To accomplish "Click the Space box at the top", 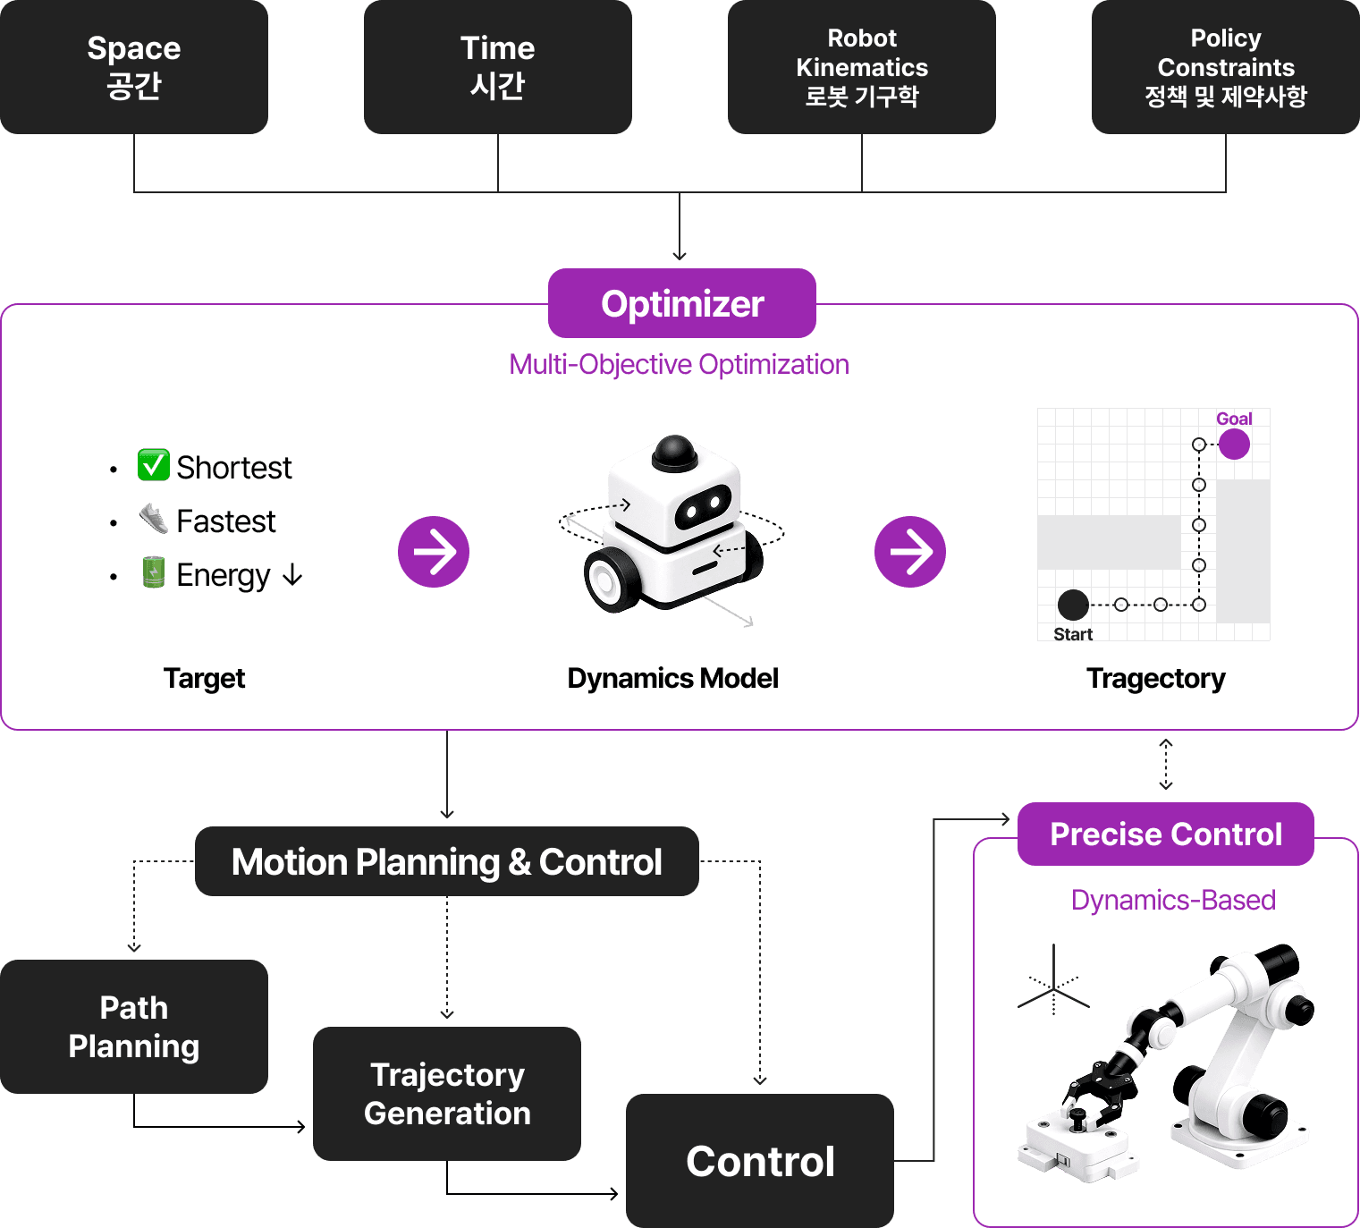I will click(x=134, y=66).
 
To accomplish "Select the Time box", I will click(x=497, y=66).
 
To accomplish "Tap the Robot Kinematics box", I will click(x=861, y=66).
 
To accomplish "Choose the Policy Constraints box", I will click(x=1225, y=66).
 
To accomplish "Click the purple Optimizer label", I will click(x=682, y=304).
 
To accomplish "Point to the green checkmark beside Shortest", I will click(x=153, y=465).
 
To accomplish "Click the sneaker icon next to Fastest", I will click(x=154, y=518).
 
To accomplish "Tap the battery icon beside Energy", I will click(x=154, y=572).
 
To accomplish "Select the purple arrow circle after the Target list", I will click(x=434, y=552).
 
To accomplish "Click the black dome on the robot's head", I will click(x=674, y=452).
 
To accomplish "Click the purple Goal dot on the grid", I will click(x=1234, y=444).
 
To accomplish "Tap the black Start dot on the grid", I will click(x=1072, y=605).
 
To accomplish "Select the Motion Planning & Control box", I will click(x=446, y=861).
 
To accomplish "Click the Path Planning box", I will click(x=134, y=1027).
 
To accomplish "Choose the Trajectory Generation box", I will click(x=447, y=1094).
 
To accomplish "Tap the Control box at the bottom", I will click(x=760, y=1161).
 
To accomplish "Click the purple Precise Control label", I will click(x=1165, y=834).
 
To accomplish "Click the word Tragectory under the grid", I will click(x=1155, y=679).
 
